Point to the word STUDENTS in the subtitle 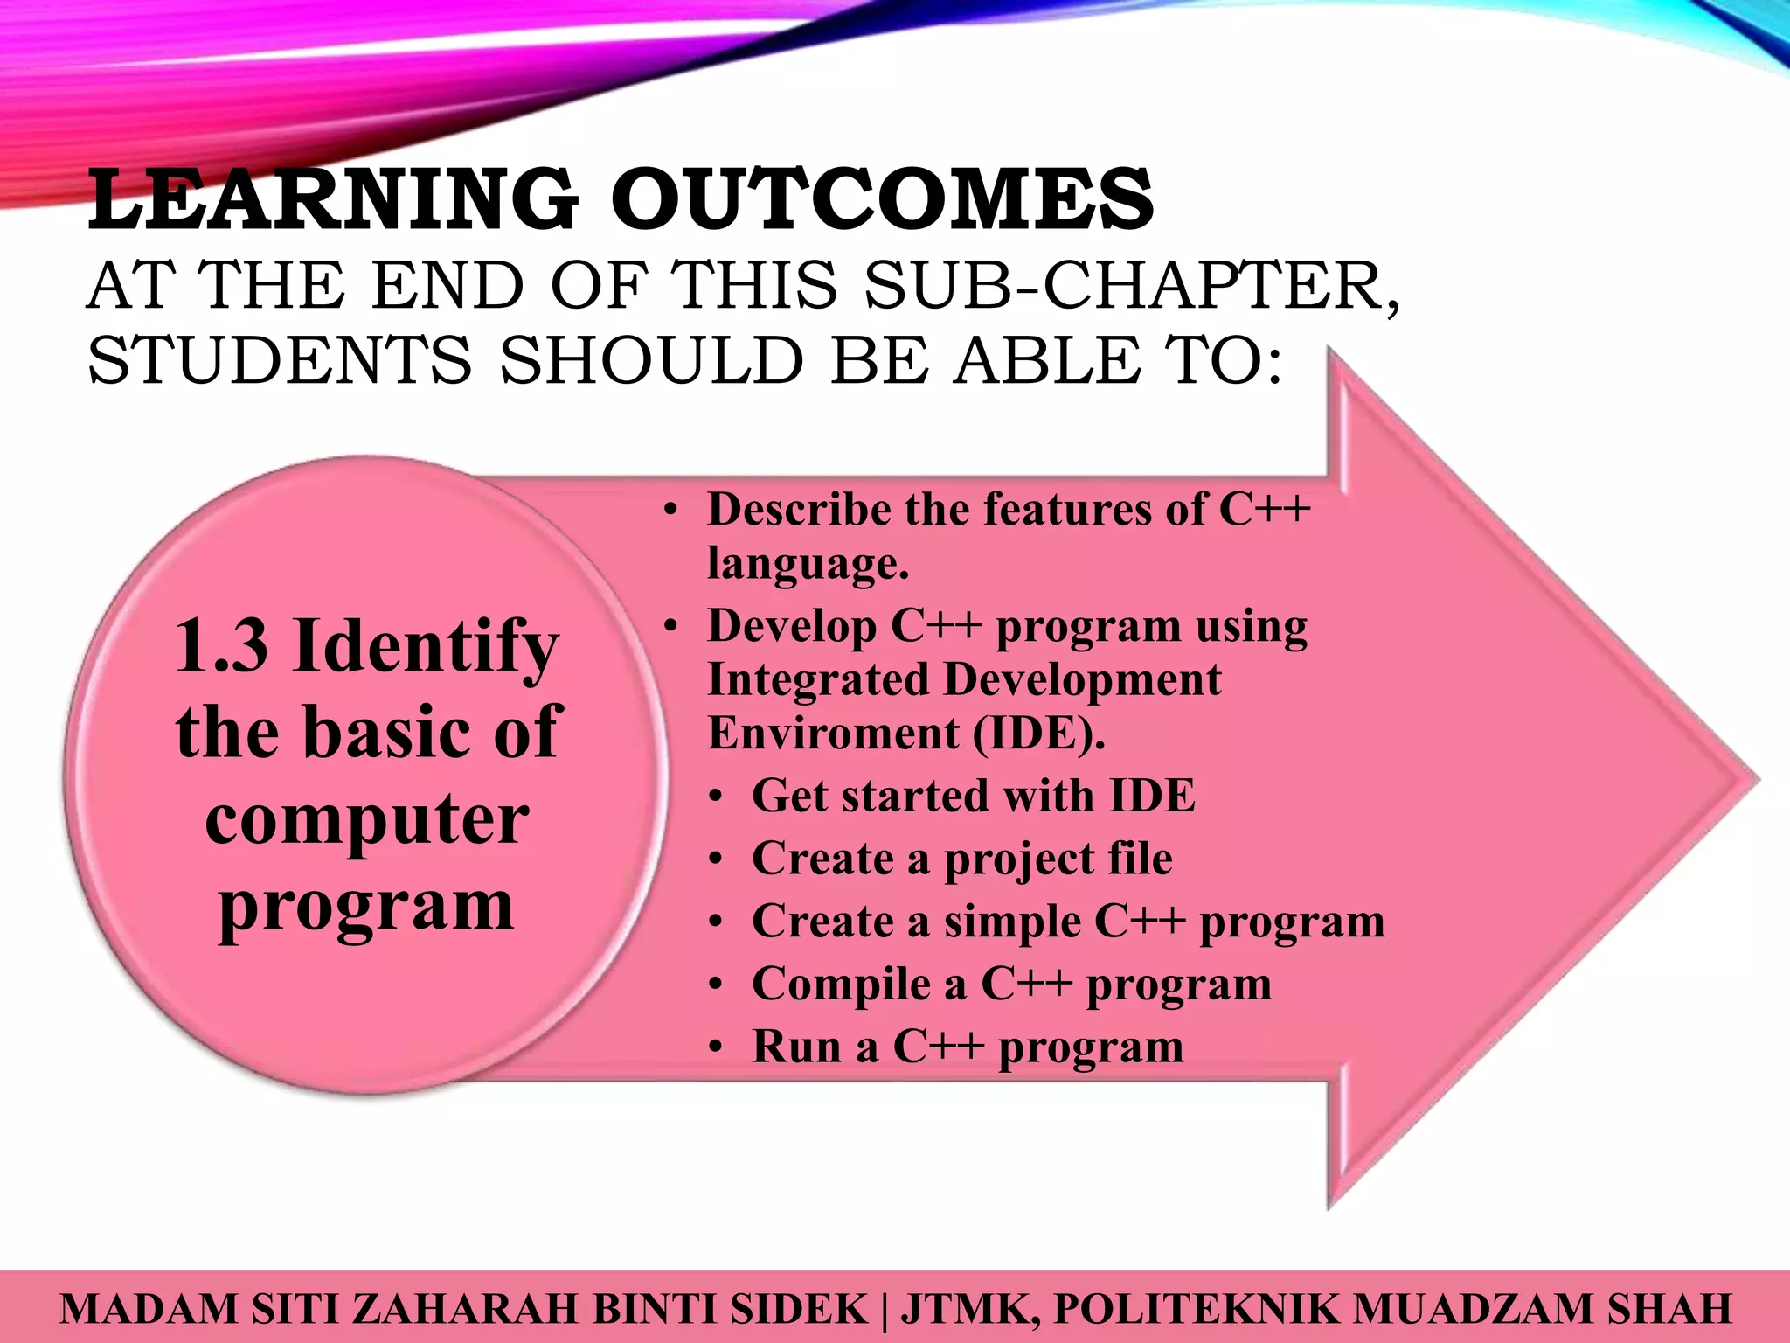280,360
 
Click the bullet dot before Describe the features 670,511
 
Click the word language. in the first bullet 808,563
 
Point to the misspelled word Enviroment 833,733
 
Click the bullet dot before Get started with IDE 716,797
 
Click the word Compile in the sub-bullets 841,985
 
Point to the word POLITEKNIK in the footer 1196,1309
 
